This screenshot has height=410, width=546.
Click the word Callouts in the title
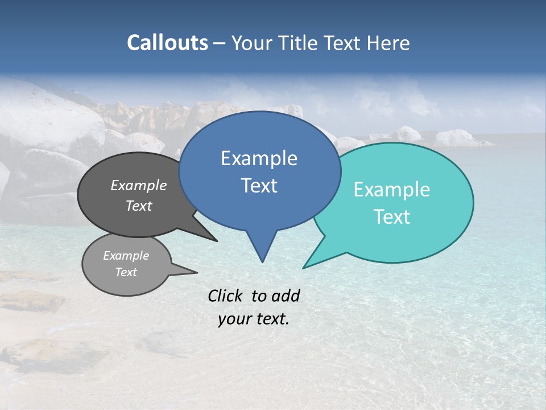point(167,43)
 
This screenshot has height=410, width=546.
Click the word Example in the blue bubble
point(259,158)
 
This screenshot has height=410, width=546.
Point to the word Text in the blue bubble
point(259,186)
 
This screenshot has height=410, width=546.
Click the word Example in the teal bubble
point(392,190)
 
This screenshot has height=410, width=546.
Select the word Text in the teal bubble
point(392,217)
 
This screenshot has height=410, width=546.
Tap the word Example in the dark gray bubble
point(138,185)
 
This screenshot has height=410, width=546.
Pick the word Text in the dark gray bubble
point(138,206)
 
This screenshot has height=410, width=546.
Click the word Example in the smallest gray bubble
point(126,256)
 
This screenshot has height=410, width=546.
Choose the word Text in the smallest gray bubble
point(126,272)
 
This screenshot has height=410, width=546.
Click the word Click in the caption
point(226,296)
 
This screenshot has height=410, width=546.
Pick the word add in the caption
point(286,296)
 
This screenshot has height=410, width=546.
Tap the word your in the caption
point(233,319)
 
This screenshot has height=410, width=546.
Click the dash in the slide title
point(220,43)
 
